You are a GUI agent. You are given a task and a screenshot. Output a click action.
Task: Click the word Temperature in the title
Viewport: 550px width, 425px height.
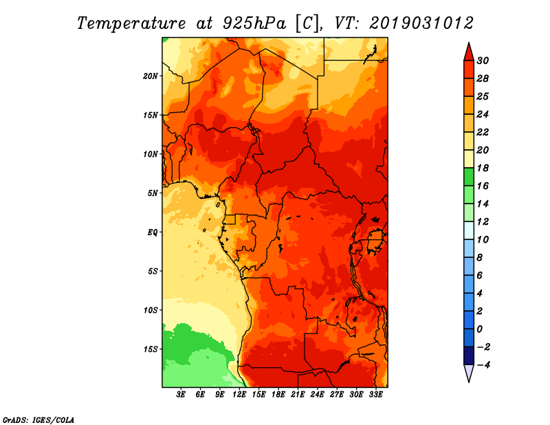(131, 23)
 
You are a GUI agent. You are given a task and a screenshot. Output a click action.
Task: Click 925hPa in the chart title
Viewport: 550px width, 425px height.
(254, 23)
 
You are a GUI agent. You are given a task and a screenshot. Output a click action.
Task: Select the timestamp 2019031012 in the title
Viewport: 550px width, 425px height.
(421, 23)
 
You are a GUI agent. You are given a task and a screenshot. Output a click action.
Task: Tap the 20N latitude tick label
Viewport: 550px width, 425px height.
(151, 76)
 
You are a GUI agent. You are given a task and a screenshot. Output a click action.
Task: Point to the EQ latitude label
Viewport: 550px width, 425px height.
(152, 232)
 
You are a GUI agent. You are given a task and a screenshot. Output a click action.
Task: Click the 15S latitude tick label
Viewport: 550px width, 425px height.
(151, 349)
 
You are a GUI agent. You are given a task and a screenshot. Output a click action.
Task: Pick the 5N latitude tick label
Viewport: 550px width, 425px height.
(153, 193)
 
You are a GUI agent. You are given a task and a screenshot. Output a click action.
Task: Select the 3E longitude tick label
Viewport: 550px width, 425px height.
(181, 395)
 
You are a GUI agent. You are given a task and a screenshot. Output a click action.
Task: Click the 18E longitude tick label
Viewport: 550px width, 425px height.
(278, 395)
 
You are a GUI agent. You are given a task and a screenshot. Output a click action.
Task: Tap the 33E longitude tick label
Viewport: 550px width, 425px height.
(375, 395)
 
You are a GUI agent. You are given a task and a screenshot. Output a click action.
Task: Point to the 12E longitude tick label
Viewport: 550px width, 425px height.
(239, 395)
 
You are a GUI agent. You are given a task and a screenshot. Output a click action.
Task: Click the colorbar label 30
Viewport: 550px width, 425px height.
(483, 61)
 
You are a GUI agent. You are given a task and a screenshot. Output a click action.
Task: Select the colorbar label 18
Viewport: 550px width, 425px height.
(483, 168)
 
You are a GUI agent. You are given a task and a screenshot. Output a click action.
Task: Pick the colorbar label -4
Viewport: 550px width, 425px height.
(483, 365)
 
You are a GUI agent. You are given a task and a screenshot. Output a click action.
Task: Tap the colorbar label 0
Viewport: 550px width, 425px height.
(480, 329)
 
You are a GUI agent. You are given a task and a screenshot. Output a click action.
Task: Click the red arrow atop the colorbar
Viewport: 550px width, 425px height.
(469, 52)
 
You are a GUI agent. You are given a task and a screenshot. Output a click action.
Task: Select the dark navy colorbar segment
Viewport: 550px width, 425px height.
(469, 356)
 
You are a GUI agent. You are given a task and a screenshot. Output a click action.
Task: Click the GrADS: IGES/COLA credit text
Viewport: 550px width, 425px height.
(38, 419)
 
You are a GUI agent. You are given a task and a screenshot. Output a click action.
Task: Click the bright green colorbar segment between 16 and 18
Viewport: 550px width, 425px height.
(469, 177)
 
